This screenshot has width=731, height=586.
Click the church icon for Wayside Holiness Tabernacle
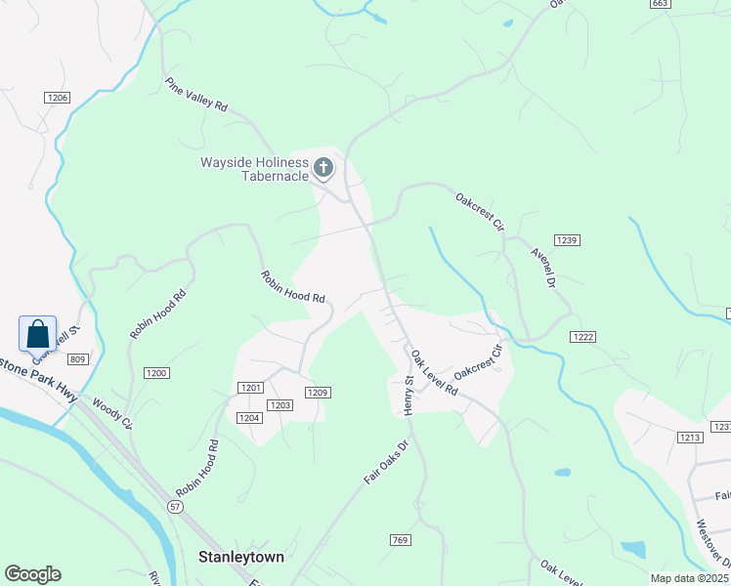tap(323, 170)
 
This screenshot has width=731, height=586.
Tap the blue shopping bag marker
tap(37, 334)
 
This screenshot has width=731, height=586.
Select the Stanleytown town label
tap(241, 558)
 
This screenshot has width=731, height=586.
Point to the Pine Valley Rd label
tap(195, 95)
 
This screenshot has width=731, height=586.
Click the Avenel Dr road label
tap(543, 266)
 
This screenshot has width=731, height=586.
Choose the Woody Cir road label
tap(111, 412)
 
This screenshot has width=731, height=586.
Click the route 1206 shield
tap(57, 98)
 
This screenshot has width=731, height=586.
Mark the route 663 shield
tap(660, 4)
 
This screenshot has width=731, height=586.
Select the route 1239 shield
tap(566, 239)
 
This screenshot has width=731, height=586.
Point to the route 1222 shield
tap(583, 336)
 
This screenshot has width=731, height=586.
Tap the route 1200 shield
tap(156, 373)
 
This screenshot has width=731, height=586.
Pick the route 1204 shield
tap(248, 418)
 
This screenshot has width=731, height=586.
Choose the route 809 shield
tap(79, 360)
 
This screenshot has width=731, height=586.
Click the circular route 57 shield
tap(174, 507)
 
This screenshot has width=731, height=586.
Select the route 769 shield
tap(399, 540)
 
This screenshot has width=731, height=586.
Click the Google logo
tap(32, 574)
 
